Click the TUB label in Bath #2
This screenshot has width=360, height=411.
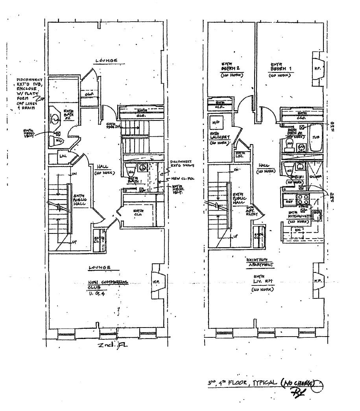pos(315,137)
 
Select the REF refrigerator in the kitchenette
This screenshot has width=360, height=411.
pos(289,200)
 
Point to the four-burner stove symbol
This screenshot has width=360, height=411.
pos(303,198)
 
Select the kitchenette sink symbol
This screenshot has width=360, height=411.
pos(316,215)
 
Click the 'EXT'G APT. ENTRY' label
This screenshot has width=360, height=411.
pos(250,211)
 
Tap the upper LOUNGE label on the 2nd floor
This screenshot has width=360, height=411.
pos(107,61)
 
